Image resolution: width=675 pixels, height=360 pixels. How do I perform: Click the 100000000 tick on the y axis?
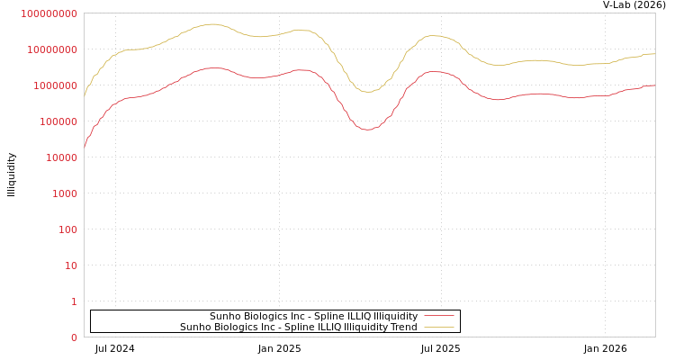tap(49, 13)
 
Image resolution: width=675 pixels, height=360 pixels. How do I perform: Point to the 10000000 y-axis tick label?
tap(52, 49)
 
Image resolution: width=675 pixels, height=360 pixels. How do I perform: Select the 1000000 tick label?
tap(55, 85)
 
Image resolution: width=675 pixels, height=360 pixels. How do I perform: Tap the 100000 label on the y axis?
tap(58, 121)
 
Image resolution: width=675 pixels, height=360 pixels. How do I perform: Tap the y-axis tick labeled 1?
tap(74, 301)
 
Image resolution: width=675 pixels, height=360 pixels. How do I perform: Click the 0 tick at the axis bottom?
tap(74, 337)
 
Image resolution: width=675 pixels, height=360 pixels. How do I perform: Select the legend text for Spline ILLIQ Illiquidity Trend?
tap(298, 328)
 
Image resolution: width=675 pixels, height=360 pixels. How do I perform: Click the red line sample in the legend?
tap(438, 317)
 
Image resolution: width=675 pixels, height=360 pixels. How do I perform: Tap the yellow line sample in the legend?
tap(438, 328)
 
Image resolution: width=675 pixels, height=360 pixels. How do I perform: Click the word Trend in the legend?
tap(402, 328)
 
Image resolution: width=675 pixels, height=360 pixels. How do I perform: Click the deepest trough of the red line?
tap(366, 130)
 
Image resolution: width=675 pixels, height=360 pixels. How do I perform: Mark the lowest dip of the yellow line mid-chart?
tap(366, 92)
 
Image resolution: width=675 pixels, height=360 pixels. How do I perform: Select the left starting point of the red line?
tap(85, 145)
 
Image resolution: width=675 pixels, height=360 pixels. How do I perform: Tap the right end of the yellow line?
tap(654, 54)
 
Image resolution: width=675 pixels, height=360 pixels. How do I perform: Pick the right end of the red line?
tap(654, 85)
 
